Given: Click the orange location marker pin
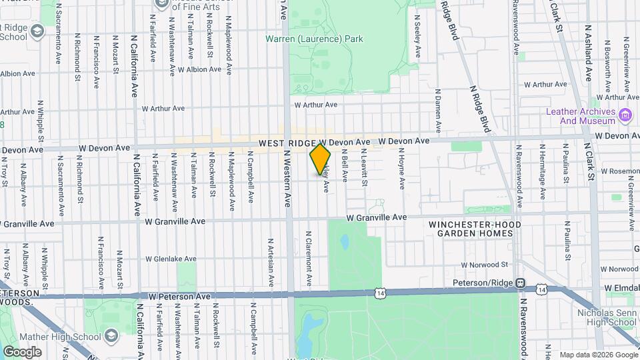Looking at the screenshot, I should click(321, 159).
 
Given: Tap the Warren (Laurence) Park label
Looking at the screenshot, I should click(314, 39).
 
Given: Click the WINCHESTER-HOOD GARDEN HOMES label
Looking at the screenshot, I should click(475, 229).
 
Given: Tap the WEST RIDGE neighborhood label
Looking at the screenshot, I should click(287, 143).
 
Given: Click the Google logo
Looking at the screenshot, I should click(22, 351).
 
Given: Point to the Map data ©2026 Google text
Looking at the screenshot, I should click(598, 355).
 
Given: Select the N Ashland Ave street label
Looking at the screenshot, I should click(588, 54).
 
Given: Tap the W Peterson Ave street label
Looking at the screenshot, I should click(179, 295).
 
